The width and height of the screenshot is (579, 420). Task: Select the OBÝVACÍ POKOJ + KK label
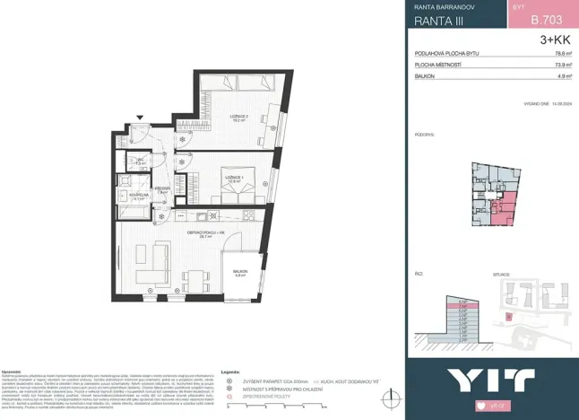point(203,232)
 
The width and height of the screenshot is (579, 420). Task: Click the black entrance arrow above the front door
point(140,118)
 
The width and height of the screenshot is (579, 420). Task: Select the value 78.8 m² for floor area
point(564,54)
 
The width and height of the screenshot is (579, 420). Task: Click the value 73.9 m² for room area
point(564,66)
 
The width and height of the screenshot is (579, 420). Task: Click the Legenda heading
point(231,370)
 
